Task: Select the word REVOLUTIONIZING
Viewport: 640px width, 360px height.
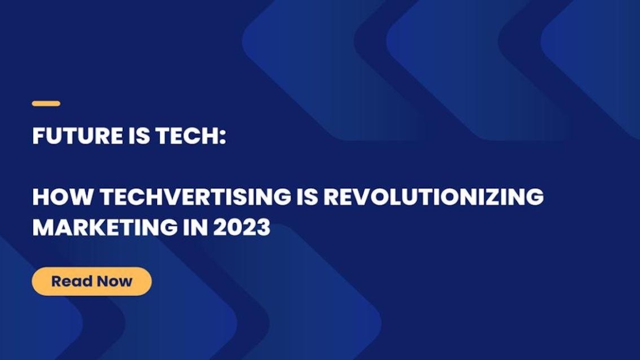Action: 433,197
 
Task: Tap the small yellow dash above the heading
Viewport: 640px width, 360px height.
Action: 46,104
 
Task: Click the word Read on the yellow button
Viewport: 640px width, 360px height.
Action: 72,281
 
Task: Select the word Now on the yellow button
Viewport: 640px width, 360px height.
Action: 115,281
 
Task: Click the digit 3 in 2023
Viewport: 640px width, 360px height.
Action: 263,227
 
